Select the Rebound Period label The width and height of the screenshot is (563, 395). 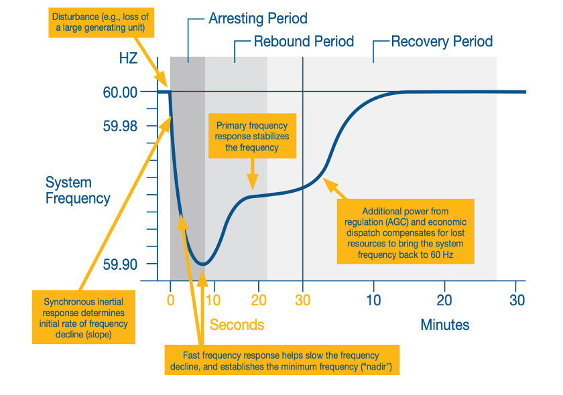pos(304,42)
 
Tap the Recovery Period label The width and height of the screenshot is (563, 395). pos(442,42)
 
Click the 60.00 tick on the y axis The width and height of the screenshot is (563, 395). pos(120,92)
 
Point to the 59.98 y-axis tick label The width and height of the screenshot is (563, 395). pos(120,126)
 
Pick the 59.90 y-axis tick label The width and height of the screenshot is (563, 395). pos(120,264)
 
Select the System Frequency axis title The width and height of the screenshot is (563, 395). pos(78,190)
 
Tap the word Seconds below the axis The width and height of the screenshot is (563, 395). pos(237,325)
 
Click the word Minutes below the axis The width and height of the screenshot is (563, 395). pos(445,325)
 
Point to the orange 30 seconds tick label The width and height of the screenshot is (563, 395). pos(303,301)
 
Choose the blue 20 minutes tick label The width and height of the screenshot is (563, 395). pos(444,301)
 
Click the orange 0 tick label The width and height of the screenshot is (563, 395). pos(170,301)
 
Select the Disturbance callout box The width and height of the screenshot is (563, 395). pos(101,24)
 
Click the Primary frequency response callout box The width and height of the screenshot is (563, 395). pos(252,137)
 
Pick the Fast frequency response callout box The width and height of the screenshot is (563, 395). pos(281,361)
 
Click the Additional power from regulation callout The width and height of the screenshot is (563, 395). pos(406,232)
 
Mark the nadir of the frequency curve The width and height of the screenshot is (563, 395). pos(202,264)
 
